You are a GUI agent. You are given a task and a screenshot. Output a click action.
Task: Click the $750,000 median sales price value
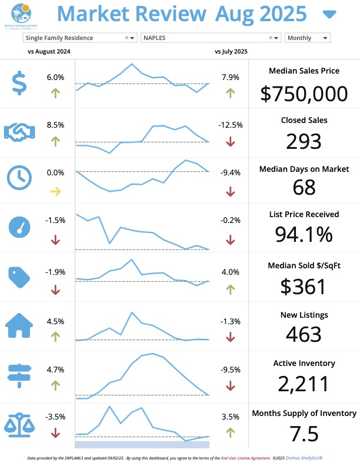(x=304, y=94)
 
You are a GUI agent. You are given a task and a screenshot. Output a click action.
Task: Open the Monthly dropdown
(x=307, y=38)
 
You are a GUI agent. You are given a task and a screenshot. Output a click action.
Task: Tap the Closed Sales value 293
(x=304, y=141)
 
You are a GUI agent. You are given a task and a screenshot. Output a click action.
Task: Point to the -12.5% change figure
(x=230, y=125)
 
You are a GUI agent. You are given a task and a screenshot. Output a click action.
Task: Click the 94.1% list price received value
(x=304, y=234)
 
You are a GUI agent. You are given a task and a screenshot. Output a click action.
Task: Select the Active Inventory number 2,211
(x=304, y=384)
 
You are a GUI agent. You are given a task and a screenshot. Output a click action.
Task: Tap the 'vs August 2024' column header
(x=49, y=51)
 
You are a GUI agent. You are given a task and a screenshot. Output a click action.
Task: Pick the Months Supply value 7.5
(x=304, y=434)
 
